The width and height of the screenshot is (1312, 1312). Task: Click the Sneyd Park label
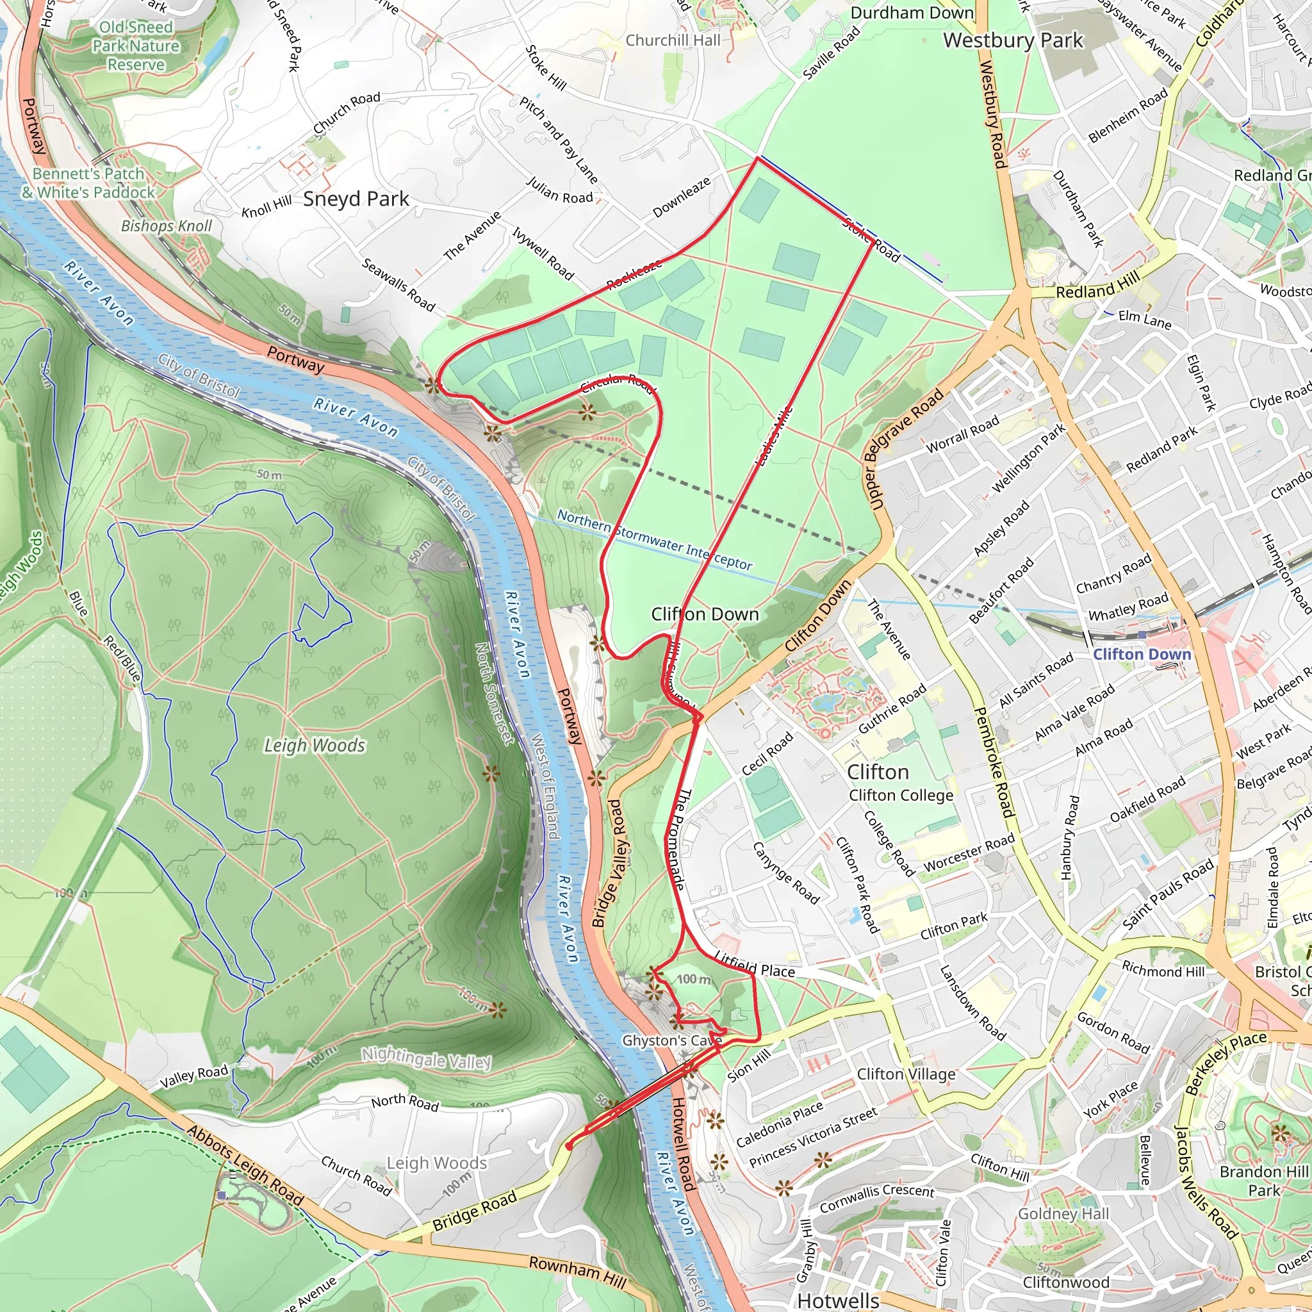click(x=356, y=199)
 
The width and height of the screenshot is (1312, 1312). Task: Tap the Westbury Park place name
click(x=1013, y=41)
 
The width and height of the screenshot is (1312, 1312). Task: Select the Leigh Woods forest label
click(x=315, y=745)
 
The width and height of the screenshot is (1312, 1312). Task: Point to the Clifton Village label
click(x=906, y=1074)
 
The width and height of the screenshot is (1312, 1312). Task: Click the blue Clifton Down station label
click(x=1142, y=654)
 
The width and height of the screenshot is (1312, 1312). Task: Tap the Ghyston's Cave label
click(x=671, y=1040)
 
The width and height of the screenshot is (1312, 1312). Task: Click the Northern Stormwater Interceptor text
click(x=654, y=540)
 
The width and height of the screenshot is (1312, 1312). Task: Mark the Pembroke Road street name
click(x=994, y=762)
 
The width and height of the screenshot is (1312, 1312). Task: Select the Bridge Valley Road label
click(x=609, y=862)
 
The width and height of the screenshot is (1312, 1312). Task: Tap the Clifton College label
click(x=901, y=794)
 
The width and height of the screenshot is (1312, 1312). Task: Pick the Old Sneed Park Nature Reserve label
click(x=136, y=45)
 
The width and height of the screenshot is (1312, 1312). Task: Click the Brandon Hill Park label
click(x=1263, y=1180)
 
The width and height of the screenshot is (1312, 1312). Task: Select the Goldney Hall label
click(x=1063, y=1213)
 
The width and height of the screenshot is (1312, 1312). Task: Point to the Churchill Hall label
click(x=672, y=40)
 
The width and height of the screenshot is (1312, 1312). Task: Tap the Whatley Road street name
click(x=1128, y=607)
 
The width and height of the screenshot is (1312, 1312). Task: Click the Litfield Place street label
click(x=755, y=964)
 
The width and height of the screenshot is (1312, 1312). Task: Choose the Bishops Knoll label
click(x=167, y=225)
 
